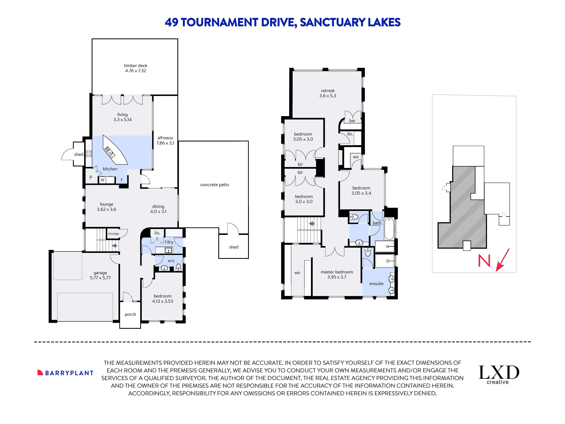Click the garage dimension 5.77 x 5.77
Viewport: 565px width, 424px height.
[x=100, y=278]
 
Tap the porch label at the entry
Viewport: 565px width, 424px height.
[x=130, y=314]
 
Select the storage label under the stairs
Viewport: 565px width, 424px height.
[x=113, y=234]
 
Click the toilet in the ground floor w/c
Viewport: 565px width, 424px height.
[x=178, y=267]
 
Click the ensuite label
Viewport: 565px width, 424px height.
[x=376, y=284]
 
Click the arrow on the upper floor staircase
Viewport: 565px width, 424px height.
[x=312, y=224]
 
